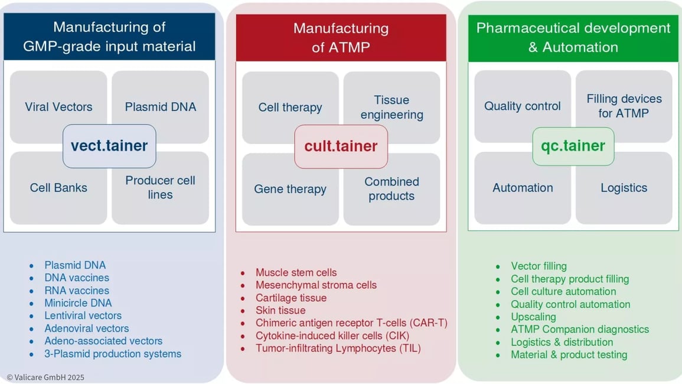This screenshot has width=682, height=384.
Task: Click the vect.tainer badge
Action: point(109,146)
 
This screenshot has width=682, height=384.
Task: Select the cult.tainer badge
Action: point(341,147)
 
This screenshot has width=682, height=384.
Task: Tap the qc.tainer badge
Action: point(573,146)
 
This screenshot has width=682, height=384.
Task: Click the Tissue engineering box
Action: point(391,103)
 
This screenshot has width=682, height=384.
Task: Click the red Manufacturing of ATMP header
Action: point(341,38)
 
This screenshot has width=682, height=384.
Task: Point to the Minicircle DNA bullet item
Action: point(78,303)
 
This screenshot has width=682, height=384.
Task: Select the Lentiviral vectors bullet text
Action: point(83,315)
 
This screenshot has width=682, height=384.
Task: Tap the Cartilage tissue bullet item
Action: point(291,298)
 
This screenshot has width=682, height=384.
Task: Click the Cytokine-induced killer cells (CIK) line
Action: point(332,336)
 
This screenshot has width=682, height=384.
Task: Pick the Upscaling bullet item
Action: point(533,317)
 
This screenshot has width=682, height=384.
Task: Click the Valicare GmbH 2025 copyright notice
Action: point(45,377)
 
